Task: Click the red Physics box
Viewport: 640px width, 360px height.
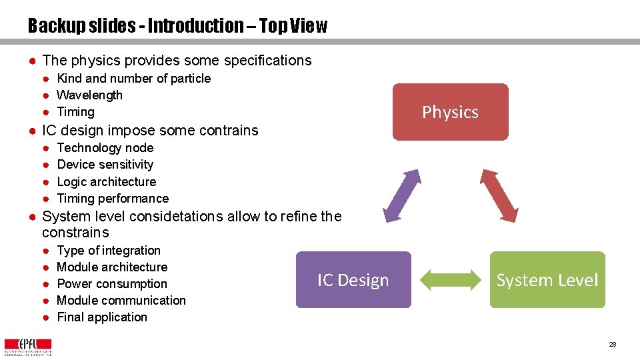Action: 450,112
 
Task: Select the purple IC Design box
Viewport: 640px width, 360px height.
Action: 353,280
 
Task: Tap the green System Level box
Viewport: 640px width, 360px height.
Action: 547,280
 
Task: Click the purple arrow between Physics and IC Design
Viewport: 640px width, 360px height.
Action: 403,195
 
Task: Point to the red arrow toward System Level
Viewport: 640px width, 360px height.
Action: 499,195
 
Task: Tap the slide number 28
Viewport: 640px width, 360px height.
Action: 612,344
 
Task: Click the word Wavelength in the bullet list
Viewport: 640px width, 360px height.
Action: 90,95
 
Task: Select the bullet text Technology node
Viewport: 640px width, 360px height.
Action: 105,148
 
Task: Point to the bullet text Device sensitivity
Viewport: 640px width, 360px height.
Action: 105,165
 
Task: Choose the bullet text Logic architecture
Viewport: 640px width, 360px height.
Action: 107,182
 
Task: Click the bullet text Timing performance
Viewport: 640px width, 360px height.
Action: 113,199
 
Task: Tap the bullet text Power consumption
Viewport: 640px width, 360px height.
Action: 112,284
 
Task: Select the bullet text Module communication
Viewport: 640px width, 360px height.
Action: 121,301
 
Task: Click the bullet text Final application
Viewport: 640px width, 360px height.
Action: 102,317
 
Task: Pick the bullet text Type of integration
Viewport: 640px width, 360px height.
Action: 109,251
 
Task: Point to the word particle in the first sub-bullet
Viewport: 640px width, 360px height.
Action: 191,79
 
